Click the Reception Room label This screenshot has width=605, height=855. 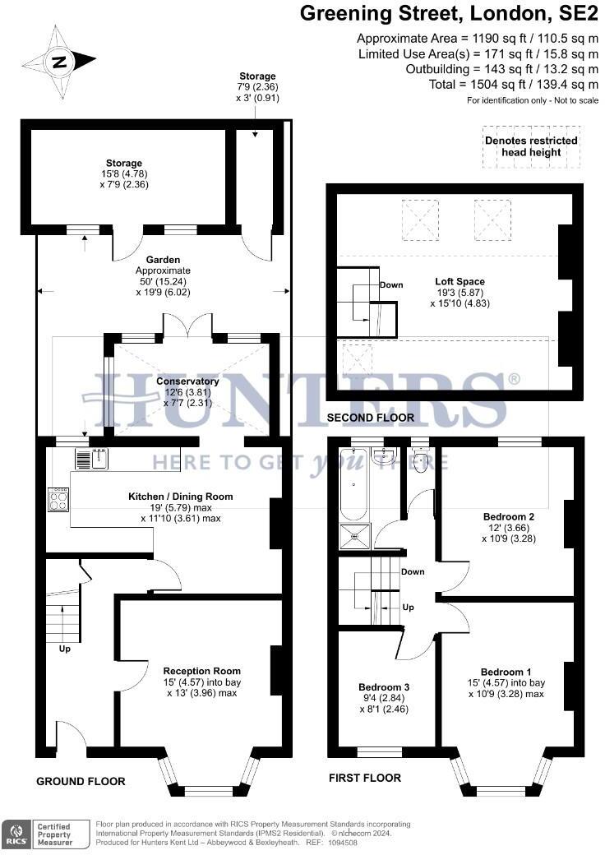click(201, 671)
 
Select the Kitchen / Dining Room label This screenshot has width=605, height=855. click(180, 497)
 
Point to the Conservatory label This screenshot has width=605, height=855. click(187, 381)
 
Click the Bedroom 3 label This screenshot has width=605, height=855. click(384, 686)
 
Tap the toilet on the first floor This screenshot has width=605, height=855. click(421, 460)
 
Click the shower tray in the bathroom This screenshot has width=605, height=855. click(354, 537)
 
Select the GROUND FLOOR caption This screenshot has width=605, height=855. click(81, 781)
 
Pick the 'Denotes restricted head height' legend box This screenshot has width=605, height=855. click(531, 146)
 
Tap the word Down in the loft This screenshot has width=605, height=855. click(391, 285)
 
